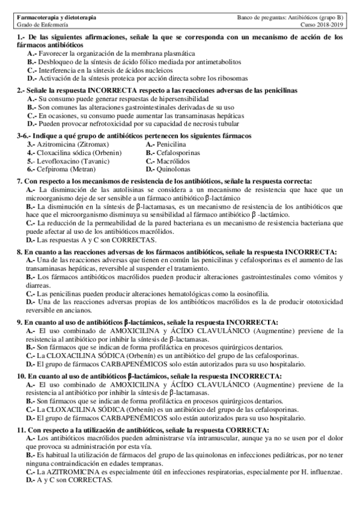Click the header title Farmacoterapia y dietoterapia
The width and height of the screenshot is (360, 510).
[x=55, y=19]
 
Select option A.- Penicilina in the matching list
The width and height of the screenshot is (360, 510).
[x=166, y=145]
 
